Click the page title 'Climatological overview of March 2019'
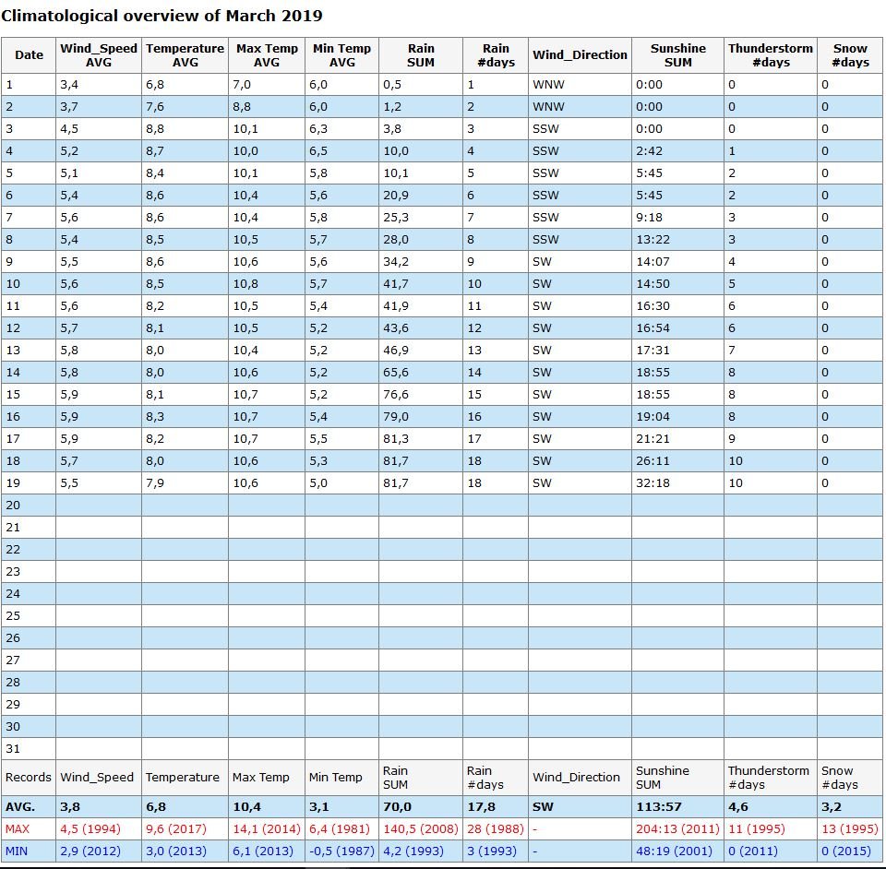(x=162, y=16)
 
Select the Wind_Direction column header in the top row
(x=580, y=54)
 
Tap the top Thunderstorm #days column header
(x=770, y=54)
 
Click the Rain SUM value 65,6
(x=396, y=373)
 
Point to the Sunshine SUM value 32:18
(x=653, y=483)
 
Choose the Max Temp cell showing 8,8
(x=242, y=107)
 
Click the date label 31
(x=13, y=749)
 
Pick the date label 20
(x=13, y=506)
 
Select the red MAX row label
(x=18, y=829)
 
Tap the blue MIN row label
(x=17, y=851)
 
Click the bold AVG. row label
(x=20, y=807)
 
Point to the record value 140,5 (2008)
(x=421, y=829)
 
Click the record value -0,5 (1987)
(x=341, y=851)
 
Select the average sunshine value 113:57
(x=659, y=807)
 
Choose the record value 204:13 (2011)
(x=677, y=829)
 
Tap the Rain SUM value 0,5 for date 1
(x=392, y=85)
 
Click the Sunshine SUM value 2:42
(x=649, y=151)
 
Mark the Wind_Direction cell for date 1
(x=548, y=85)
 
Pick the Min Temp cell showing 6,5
(x=318, y=151)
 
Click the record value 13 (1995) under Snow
(x=850, y=829)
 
